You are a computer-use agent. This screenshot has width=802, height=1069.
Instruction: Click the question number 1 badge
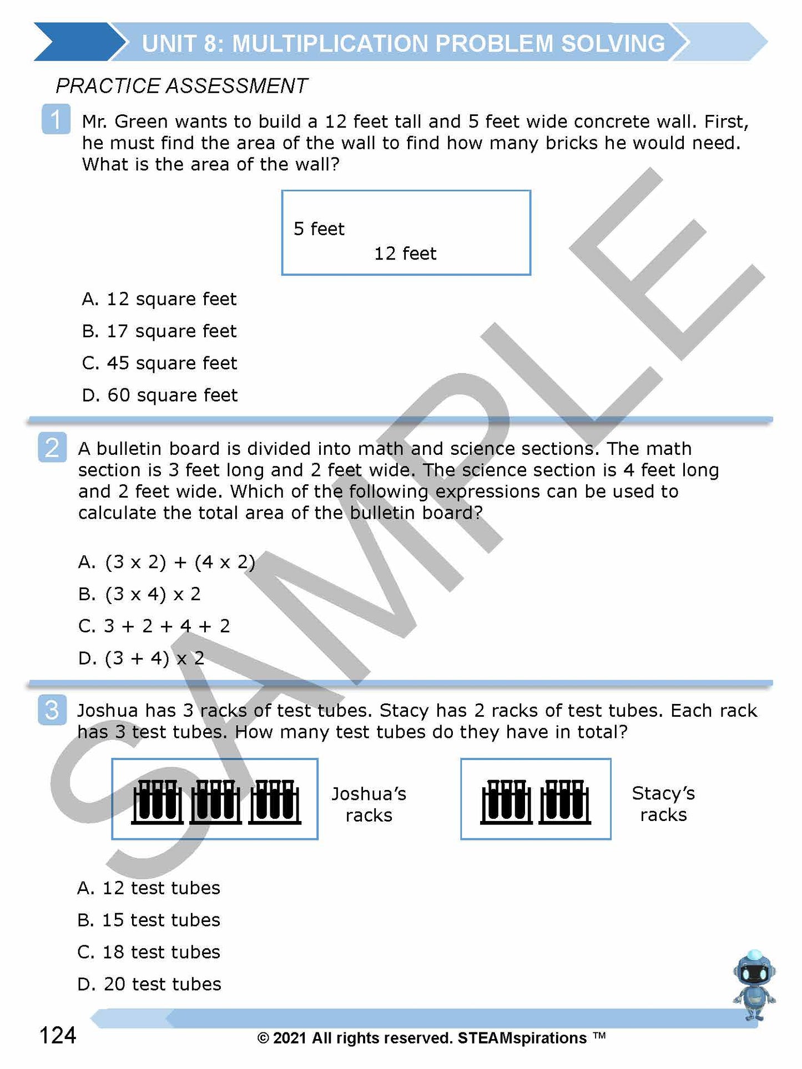click(56, 119)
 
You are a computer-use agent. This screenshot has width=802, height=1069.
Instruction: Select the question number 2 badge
click(52, 447)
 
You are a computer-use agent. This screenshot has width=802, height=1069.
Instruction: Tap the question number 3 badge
click(52, 710)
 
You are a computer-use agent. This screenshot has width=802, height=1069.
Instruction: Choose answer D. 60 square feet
click(160, 395)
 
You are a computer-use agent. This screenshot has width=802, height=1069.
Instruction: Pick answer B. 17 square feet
click(159, 331)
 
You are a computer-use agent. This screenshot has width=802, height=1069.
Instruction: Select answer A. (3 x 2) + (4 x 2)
click(167, 563)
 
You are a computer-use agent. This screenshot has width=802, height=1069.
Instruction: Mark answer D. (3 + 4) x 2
click(142, 658)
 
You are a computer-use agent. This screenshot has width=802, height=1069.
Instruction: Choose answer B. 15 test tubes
click(149, 920)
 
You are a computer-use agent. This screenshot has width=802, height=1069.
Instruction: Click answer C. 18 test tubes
click(149, 953)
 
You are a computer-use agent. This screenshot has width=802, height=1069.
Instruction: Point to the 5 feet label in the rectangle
click(319, 229)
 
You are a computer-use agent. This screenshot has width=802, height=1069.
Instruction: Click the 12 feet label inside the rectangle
click(405, 254)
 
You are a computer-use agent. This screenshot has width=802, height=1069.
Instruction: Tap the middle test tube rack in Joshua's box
click(215, 802)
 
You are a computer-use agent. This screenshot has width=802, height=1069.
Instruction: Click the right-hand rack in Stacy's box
click(565, 802)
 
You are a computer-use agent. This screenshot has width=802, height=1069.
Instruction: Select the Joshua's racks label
click(369, 804)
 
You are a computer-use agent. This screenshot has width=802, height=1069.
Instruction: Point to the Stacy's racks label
click(663, 804)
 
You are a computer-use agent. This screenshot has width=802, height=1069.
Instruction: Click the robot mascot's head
click(754, 971)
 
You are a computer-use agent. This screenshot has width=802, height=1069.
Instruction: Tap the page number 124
click(58, 1035)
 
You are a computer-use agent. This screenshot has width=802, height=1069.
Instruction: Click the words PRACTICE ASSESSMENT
click(181, 86)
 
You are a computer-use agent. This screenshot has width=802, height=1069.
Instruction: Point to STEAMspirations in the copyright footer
click(522, 1038)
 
